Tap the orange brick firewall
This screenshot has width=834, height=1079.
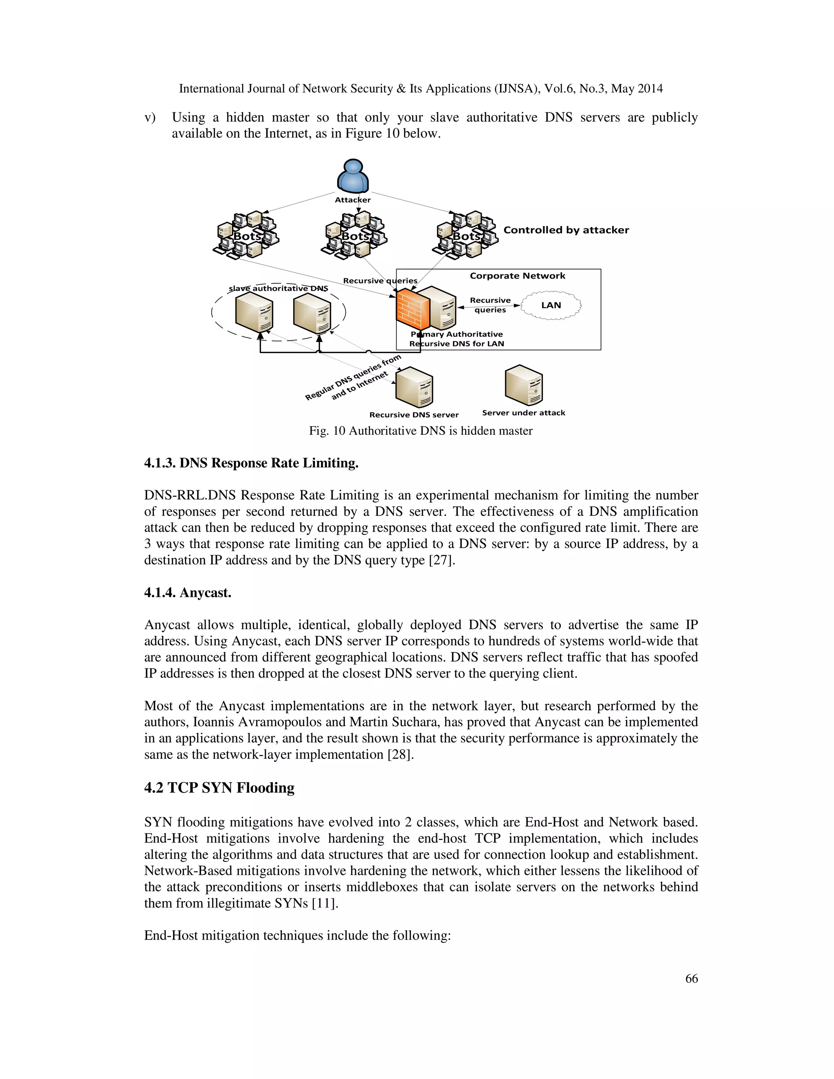coord(412,309)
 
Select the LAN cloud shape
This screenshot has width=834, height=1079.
coord(551,305)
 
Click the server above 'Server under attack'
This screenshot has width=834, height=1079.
coord(524,385)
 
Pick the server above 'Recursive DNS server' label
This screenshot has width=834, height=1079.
coord(414,387)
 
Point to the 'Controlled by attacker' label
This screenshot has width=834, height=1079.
coord(566,230)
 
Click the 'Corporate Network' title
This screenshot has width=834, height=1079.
coord(517,276)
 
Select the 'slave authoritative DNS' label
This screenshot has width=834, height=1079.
coord(278,289)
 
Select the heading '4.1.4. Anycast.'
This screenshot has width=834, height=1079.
coord(188,592)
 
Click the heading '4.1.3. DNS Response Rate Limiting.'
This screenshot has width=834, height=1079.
coord(251,463)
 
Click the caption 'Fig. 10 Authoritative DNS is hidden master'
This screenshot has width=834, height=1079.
coord(420,431)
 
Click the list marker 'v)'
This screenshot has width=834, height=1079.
coord(150,118)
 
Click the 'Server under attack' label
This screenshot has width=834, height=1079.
coord(523,413)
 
